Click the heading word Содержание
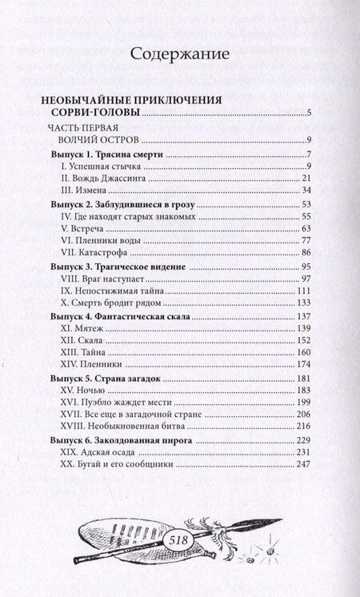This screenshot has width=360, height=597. click(180, 55)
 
